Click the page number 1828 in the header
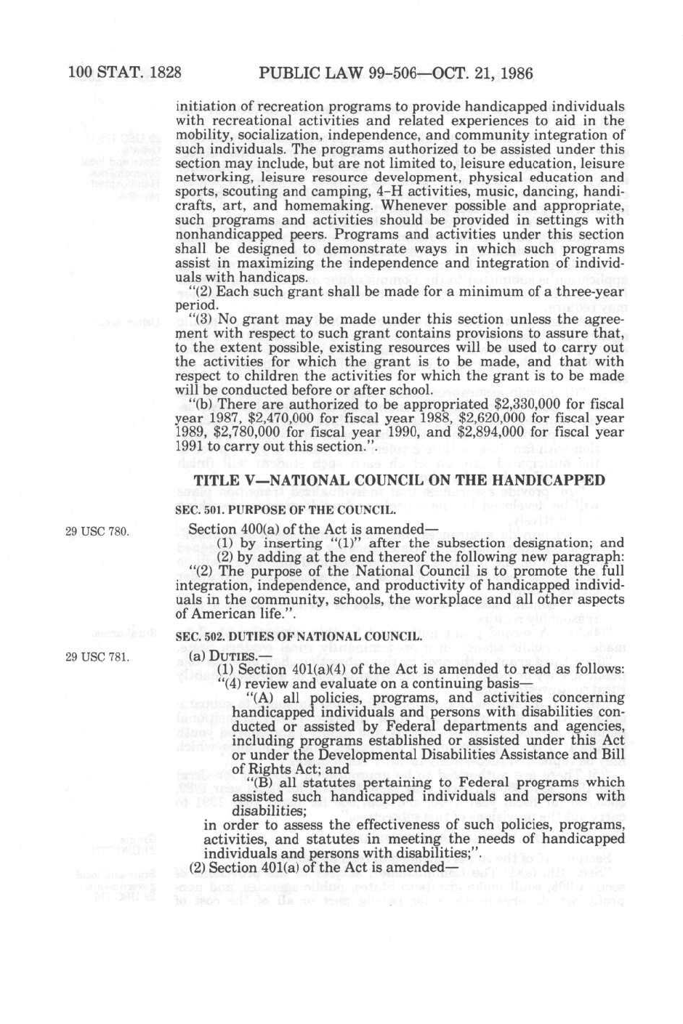click(158, 73)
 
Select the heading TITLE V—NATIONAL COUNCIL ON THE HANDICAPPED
click(399, 480)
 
